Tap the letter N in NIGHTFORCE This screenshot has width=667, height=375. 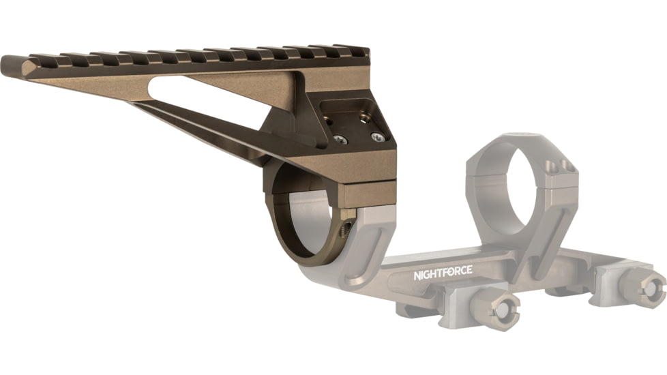(x=417, y=277)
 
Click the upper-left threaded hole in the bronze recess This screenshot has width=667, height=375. (x=332, y=121)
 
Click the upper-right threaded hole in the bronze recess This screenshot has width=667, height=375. (x=365, y=118)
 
